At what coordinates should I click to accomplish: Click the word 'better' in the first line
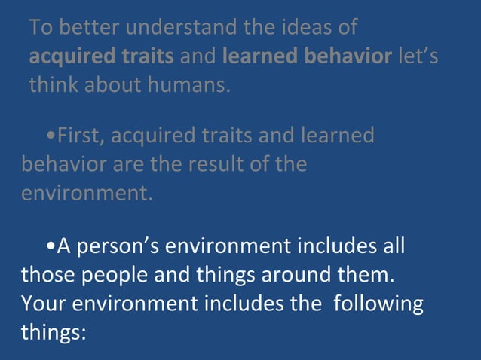(x=88, y=28)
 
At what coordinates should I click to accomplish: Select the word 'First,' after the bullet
(x=84, y=136)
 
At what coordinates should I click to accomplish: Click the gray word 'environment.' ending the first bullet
(x=86, y=192)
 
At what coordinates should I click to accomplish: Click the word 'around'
(x=299, y=275)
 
